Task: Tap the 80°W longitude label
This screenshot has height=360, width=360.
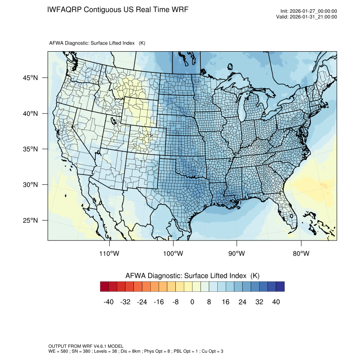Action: coord(301,254)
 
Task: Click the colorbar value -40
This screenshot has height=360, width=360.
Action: coord(108,302)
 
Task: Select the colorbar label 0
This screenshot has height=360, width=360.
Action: coord(192,302)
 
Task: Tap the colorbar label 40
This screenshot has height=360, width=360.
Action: coord(276,302)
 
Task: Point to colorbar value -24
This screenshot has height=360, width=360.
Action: coord(142,302)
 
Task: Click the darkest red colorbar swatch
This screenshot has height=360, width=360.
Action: coord(105,287)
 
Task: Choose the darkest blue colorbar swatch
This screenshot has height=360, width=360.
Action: coord(280,287)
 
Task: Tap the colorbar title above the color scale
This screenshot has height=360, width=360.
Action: coord(192,276)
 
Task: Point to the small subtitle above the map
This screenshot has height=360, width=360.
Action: coord(97,43)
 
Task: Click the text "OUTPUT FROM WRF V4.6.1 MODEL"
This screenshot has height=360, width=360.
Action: coord(86,346)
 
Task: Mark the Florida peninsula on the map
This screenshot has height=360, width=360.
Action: coord(289,212)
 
